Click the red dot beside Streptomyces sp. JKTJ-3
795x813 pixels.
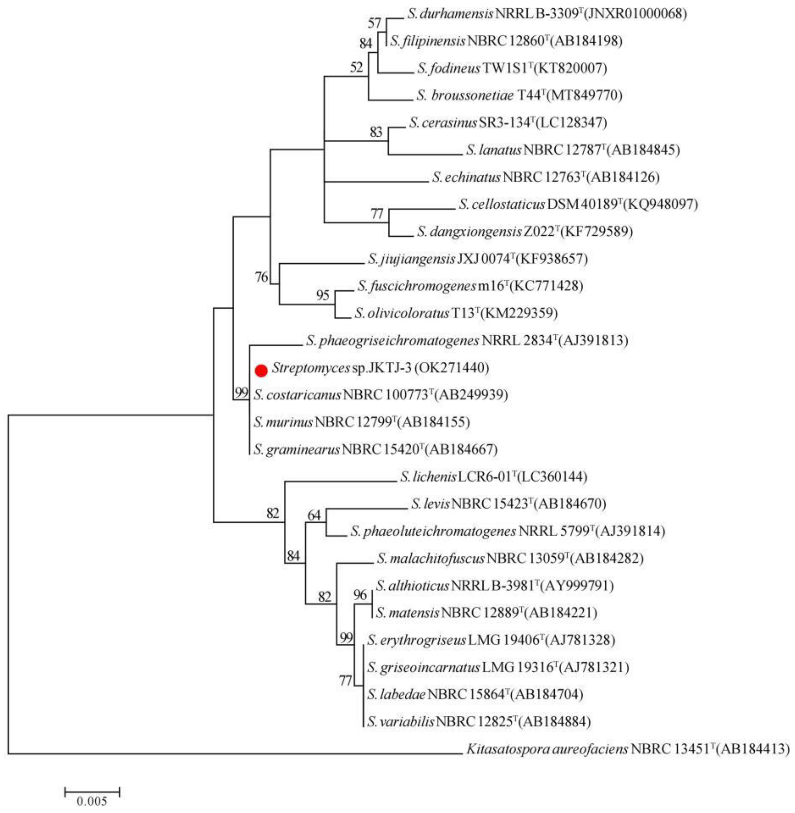coord(261,370)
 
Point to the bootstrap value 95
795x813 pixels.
coord(323,295)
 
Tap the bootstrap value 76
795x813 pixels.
coord(262,277)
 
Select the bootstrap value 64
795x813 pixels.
coord(314,516)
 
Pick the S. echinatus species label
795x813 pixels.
coord(466,178)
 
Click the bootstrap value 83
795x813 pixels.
coord(376,132)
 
